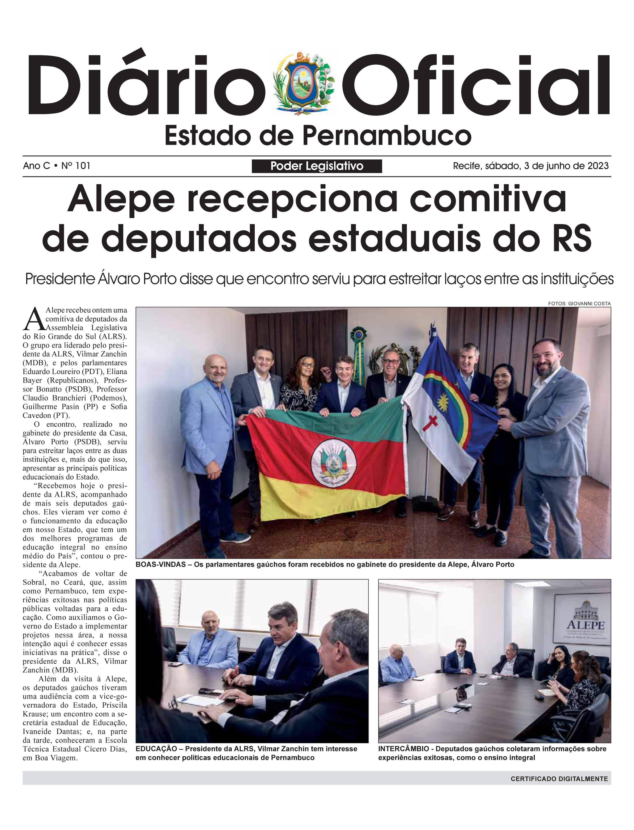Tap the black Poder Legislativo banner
click(x=317, y=166)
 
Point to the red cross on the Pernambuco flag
click(x=430, y=424)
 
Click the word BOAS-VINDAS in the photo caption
click(x=160, y=565)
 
